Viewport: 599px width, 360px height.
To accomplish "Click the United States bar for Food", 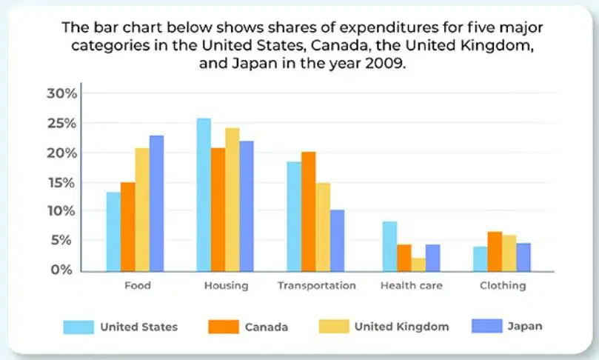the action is point(113,232).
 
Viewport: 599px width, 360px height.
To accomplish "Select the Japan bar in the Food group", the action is point(157,204).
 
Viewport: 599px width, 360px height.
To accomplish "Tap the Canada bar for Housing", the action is point(218,210).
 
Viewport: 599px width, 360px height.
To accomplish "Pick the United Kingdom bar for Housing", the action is point(232,200).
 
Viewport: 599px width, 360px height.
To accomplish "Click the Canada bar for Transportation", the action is point(309,212).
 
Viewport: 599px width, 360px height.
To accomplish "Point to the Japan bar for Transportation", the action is point(338,241).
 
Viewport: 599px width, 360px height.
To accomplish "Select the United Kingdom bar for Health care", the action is point(418,265).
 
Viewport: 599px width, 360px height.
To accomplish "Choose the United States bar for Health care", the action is point(389,247).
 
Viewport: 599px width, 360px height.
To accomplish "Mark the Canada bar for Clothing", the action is point(495,251).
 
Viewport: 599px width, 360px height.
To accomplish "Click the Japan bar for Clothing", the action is point(523,257).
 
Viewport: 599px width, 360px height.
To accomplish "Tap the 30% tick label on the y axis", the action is point(62,93).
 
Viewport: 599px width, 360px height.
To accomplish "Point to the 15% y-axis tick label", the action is point(61,183).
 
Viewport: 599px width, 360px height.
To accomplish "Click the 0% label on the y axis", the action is point(61,270).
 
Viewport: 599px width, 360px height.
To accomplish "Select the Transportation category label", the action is point(317,285).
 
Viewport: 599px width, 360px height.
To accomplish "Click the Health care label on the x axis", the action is point(412,285).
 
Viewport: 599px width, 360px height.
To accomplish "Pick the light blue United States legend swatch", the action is point(78,327).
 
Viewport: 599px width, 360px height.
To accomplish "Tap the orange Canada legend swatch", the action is point(224,327).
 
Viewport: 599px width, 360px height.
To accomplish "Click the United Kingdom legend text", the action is point(402,327).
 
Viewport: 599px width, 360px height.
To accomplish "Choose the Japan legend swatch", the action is point(486,327).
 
